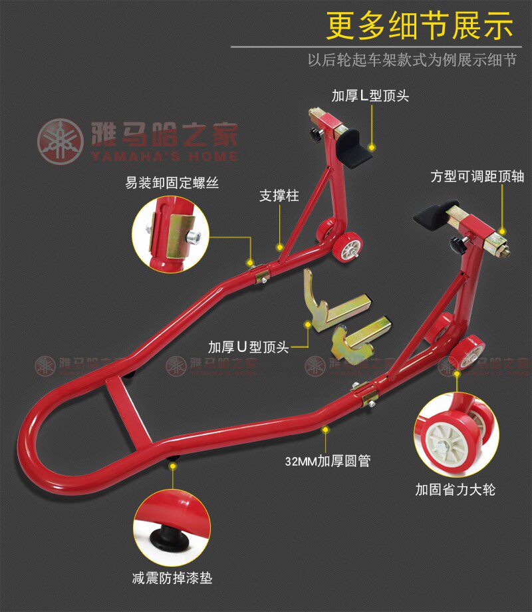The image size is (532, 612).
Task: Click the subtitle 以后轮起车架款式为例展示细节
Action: (x=412, y=60)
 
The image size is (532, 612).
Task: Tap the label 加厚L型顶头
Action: (x=370, y=96)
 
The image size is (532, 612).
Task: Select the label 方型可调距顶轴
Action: (x=477, y=176)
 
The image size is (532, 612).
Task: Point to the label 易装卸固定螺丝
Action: (x=172, y=181)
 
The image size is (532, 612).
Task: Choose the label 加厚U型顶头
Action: (x=248, y=347)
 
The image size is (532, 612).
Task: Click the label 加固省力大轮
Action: (x=456, y=490)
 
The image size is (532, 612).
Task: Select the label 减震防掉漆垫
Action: (x=172, y=578)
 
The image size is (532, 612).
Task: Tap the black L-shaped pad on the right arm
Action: (x=436, y=213)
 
